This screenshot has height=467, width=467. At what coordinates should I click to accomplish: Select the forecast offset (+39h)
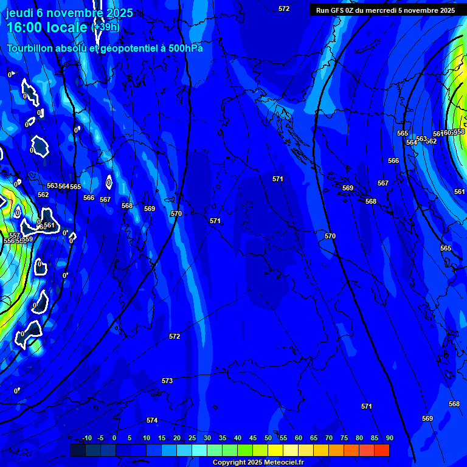(105, 27)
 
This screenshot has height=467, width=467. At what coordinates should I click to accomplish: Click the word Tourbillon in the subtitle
(30, 49)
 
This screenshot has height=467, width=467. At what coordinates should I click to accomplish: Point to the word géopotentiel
(125, 49)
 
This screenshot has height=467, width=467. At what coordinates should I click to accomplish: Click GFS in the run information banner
(339, 10)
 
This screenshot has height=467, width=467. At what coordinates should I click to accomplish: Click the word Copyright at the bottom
(230, 463)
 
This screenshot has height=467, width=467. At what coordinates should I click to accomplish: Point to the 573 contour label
(167, 381)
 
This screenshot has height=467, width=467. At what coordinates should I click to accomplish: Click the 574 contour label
(152, 421)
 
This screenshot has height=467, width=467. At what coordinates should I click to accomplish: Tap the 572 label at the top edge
(284, 9)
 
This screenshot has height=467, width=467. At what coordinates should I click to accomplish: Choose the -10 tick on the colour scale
(87, 438)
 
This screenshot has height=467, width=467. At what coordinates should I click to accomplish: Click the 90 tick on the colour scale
(389, 438)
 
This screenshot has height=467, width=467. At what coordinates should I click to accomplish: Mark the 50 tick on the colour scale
(268, 438)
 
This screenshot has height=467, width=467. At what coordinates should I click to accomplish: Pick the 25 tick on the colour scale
(192, 438)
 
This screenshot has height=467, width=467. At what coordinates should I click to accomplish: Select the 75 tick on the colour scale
(344, 438)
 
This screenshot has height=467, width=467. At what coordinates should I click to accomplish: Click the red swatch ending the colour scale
(382, 450)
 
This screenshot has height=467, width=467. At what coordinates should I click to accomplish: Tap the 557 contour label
(15, 235)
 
